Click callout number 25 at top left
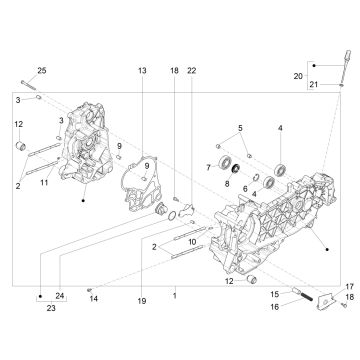[42, 69]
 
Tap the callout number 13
[141, 71]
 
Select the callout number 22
[191, 71]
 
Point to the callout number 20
[298, 75]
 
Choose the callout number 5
[239, 129]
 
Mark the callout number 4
[280, 129]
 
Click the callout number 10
[192, 242]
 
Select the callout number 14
[93, 298]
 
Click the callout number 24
[60, 295]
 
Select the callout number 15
[272, 292]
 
